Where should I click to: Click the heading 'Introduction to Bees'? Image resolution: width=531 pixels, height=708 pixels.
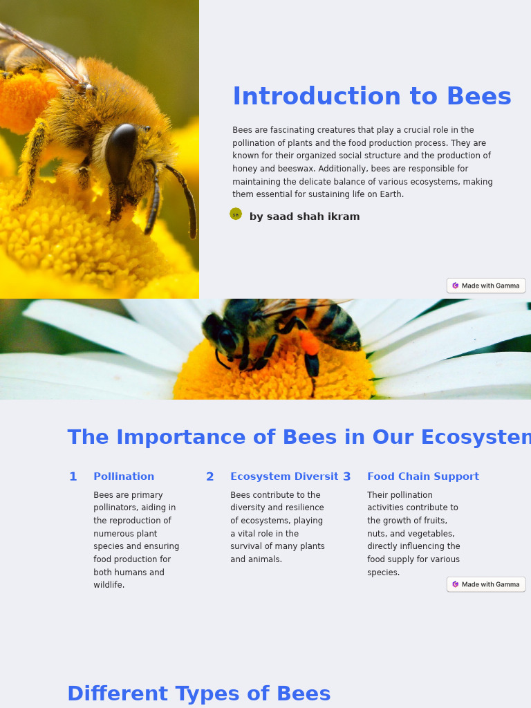(371, 97)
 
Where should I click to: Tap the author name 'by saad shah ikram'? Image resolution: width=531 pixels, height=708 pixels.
(304, 216)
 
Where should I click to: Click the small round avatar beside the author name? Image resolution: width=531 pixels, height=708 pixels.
(236, 214)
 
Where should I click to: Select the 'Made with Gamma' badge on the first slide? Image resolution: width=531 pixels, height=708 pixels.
(486, 286)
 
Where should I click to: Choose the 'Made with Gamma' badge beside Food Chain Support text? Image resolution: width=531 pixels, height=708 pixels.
(486, 584)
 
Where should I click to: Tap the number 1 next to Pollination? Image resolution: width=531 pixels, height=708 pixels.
(73, 477)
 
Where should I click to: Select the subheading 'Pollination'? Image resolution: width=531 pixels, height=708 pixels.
(124, 476)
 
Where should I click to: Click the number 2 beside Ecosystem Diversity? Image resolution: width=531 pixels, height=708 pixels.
(209, 477)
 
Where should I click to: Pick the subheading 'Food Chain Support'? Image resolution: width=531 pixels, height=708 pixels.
(422, 476)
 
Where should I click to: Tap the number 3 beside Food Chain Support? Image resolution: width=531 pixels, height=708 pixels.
(346, 477)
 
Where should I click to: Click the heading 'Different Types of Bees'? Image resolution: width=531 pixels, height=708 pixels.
(198, 693)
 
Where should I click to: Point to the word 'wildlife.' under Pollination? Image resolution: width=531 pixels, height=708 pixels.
(109, 585)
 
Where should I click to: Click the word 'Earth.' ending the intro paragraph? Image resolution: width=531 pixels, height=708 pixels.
(391, 194)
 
